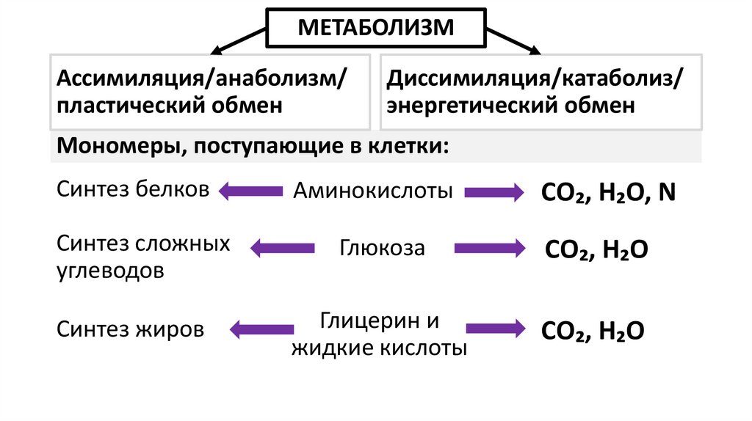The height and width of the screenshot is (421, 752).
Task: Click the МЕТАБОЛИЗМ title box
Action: [x=375, y=29]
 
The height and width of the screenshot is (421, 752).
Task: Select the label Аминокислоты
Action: [x=373, y=192]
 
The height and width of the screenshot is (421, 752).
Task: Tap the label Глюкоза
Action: [x=382, y=248]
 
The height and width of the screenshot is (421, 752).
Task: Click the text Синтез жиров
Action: [x=131, y=329]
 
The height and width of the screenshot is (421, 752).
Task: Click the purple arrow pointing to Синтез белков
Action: [x=250, y=192]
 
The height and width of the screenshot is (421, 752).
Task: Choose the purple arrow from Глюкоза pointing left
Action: [x=282, y=248]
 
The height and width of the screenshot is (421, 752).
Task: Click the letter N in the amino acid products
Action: [x=667, y=193]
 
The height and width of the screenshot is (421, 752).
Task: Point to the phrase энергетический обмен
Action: [x=511, y=105]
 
